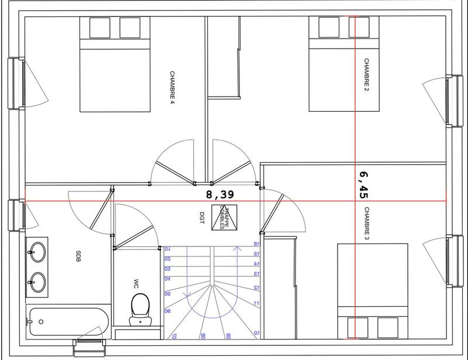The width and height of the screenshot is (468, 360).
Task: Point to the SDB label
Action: pos(78,256)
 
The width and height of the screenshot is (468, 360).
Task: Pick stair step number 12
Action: pos(256,287)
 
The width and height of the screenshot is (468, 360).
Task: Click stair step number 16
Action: pos(256,244)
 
